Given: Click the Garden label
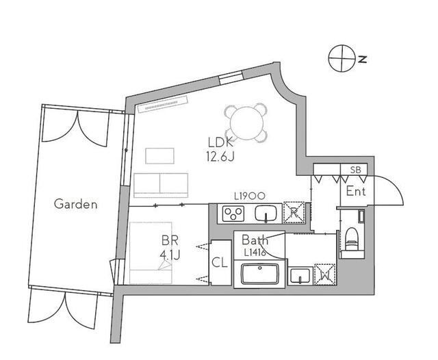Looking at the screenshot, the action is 75,204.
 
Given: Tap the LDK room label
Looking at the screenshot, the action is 220,143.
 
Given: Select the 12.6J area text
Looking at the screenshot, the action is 220,157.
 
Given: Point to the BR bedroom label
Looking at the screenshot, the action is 170,240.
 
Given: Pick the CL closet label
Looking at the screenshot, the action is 220,263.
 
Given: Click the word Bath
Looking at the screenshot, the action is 255,240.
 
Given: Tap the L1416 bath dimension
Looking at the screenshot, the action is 255,253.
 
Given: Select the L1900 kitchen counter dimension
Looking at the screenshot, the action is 249,196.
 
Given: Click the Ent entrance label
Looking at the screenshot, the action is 356,192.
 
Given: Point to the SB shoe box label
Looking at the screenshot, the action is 356,170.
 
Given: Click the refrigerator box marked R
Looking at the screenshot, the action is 294,213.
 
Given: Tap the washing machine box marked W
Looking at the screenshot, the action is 325,274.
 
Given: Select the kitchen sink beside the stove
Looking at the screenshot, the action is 266,214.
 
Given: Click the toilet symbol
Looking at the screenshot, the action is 352,239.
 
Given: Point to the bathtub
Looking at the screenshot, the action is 260,274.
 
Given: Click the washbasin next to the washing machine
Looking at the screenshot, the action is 300,275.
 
